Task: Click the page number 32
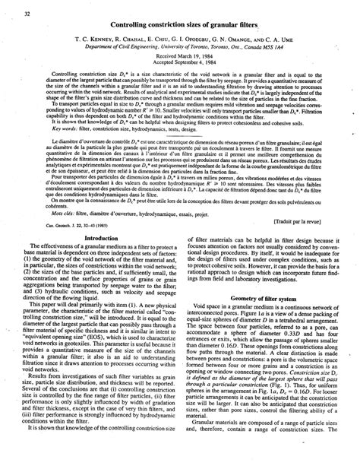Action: [28, 14]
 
